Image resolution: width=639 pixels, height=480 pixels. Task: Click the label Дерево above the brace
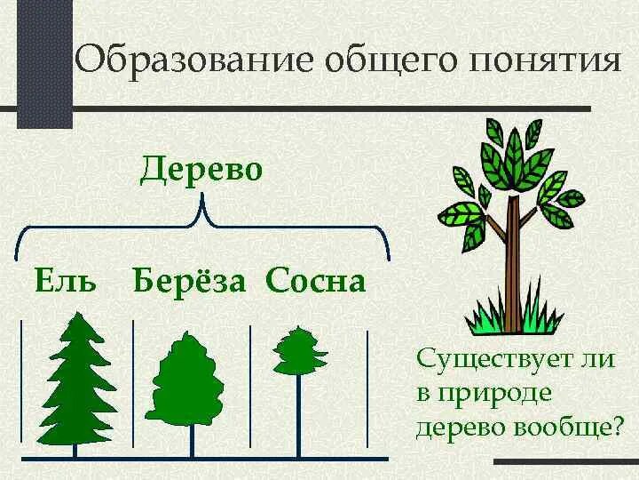click(x=201, y=168)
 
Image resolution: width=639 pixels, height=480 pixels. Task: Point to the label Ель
click(x=64, y=282)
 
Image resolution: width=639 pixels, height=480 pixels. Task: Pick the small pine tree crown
click(x=299, y=351)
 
